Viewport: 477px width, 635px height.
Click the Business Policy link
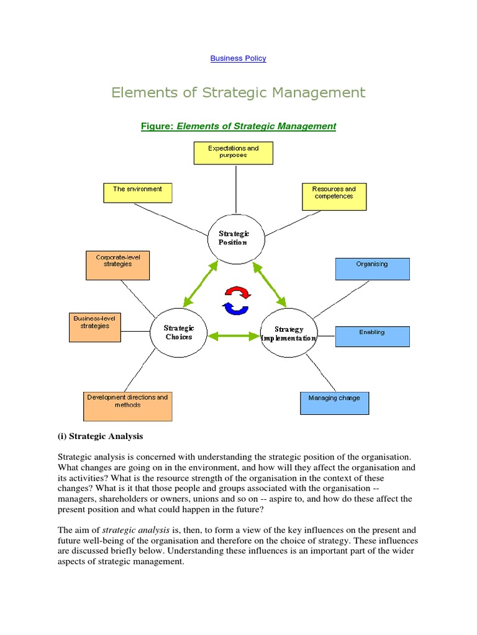click(238, 58)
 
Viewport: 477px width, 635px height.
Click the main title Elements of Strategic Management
click(238, 93)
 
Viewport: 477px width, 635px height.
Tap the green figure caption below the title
click(238, 126)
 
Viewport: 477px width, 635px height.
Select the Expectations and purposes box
click(233, 153)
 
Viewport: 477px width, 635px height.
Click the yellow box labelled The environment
click(137, 192)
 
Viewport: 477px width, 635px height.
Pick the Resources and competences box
click(334, 196)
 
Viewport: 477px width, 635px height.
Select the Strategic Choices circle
click(179, 333)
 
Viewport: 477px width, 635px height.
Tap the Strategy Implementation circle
click(289, 334)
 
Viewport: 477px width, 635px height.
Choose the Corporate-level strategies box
click(118, 265)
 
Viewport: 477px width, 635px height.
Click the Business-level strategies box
click(95, 327)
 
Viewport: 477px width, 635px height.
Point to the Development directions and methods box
click(127, 406)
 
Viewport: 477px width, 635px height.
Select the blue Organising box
click(372, 269)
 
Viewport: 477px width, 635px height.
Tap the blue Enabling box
click(372, 336)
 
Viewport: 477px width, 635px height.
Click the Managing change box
click(334, 402)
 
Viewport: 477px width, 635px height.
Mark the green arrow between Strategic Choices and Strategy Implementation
click(234, 335)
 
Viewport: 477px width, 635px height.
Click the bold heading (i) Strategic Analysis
click(100, 436)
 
